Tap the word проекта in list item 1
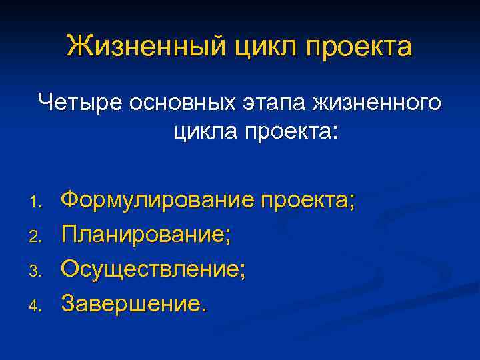[x=306, y=200]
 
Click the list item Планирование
[x=146, y=235]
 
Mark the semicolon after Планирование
[x=228, y=237]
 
